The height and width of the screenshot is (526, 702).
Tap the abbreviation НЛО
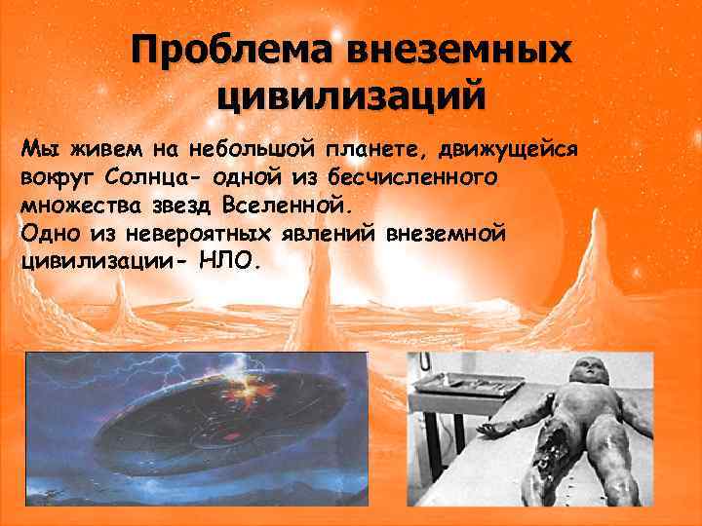click(x=229, y=263)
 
